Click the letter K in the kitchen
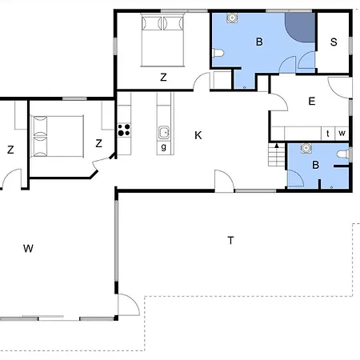[x=198, y=135]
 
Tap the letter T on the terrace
[x=230, y=240]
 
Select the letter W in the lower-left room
[x=28, y=249]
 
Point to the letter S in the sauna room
[x=333, y=42]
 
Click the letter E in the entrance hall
[x=311, y=101]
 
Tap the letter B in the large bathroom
[x=258, y=42]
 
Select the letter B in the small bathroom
[x=315, y=165]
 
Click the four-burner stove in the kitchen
[x=124, y=130]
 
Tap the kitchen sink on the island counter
[x=163, y=133]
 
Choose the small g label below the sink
[x=163, y=147]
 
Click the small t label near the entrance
[x=328, y=133]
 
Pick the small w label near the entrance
[x=342, y=133]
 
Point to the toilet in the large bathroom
[x=218, y=54]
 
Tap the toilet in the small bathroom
[x=342, y=154]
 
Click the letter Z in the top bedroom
[x=163, y=78]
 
